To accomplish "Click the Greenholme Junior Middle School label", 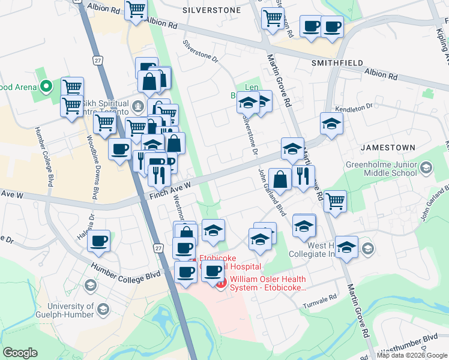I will pyautogui.click(x=381, y=169).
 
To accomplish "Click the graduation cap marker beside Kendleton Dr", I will pyautogui.click(x=331, y=124).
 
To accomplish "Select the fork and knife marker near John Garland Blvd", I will pyautogui.click(x=303, y=176).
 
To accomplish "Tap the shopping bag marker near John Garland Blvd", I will pyautogui.click(x=280, y=178).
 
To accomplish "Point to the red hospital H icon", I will pyautogui.click(x=220, y=283).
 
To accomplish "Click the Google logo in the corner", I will pyautogui.click(x=20, y=352).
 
